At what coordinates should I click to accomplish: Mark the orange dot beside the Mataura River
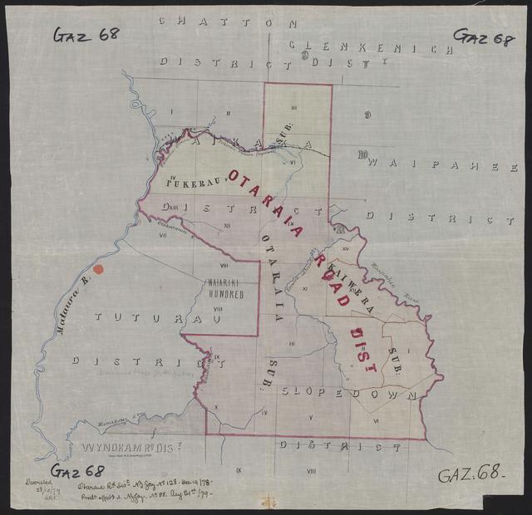97,269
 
